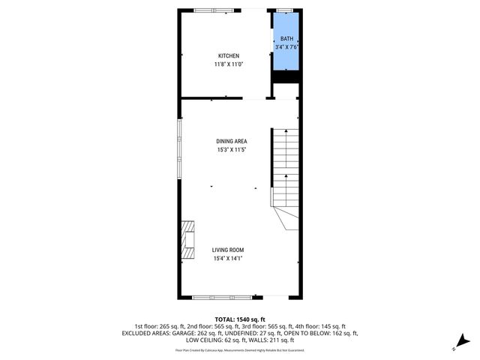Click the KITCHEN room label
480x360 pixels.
(x=229, y=56)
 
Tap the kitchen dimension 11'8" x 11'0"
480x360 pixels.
(x=229, y=64)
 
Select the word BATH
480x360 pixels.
(x=287, y=39)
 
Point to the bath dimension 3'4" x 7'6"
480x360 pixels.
(x=287, y=47)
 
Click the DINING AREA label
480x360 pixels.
(x=232, y=141)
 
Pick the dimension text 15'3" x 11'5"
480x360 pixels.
(x=232, y=150)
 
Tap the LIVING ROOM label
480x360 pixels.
(x=227, y=250)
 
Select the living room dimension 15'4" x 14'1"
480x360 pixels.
(x=227, y=259)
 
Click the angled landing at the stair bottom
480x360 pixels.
(x=286, y=217)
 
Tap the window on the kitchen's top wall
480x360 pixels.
(x=212, y=10)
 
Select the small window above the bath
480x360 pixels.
(x=285, y=10)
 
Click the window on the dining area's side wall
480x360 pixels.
(x=179, y=150)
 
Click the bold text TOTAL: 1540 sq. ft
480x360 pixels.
(x=240, y=319)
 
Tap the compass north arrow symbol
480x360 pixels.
(x=462, y=342)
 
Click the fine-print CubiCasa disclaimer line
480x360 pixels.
(x=240, y=349)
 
